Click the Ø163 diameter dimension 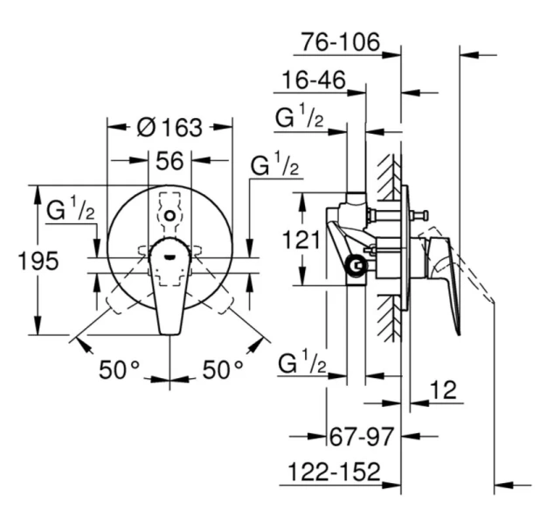(170, 128)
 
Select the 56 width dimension (170, 160)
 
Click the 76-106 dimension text (341, 41)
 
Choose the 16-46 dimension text (310, 81)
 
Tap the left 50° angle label (119, 370)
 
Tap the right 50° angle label (223, 370)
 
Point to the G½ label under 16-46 (300, 117)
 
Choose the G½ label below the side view (301, 362)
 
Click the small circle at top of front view (170, 214)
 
